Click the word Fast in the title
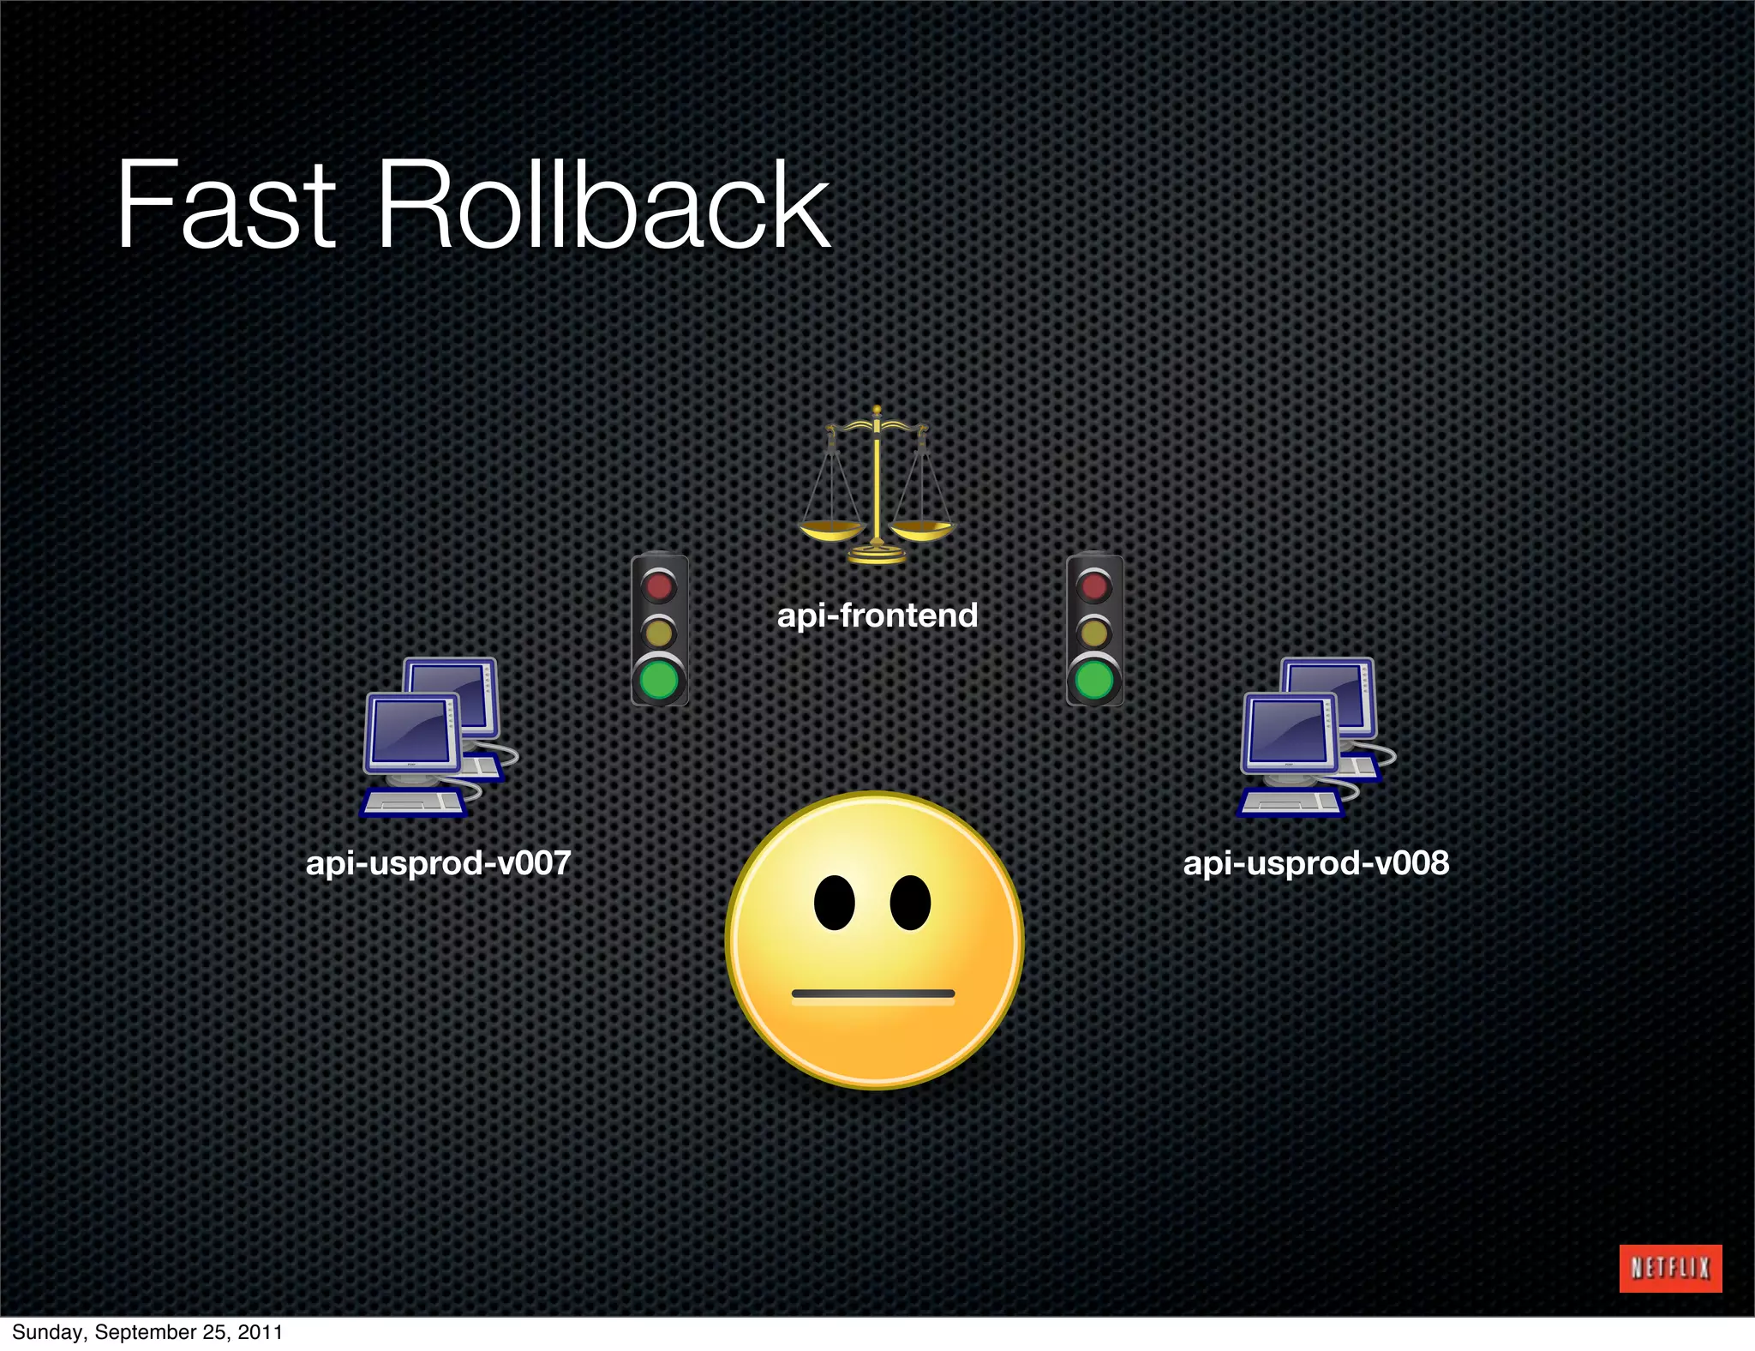[x=225, y=206]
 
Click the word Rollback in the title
[x=602, y=206]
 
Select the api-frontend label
[x=877, y=615]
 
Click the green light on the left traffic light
[x=659, y=680]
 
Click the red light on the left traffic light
[x=659, y=586]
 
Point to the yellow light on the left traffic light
[x=659, y=633]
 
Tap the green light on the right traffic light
[x=1094, y=680]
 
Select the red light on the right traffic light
[x=1094, y=586]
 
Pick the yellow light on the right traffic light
[x=1094, y=633]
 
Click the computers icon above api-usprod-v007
[x=437, y=737]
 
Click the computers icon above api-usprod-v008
[x=1315, y=737]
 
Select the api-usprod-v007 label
[x=438, y=862]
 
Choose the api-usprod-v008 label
[x=1315, y=862]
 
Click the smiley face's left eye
[x=834, y=903]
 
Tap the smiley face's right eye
[x=910, y=903]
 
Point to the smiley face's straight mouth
[x=872, y=994]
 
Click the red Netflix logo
[x=1669, y=1268]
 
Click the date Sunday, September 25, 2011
[x=147, y=1332]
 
